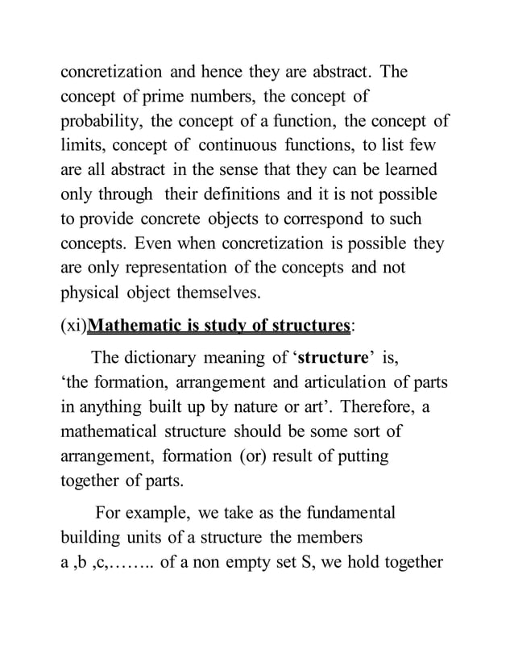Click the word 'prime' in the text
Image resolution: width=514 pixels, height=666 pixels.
click(140, 98)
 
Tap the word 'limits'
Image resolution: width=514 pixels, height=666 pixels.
click(84, 146)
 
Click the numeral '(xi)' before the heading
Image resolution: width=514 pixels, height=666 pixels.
click(73, 327)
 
